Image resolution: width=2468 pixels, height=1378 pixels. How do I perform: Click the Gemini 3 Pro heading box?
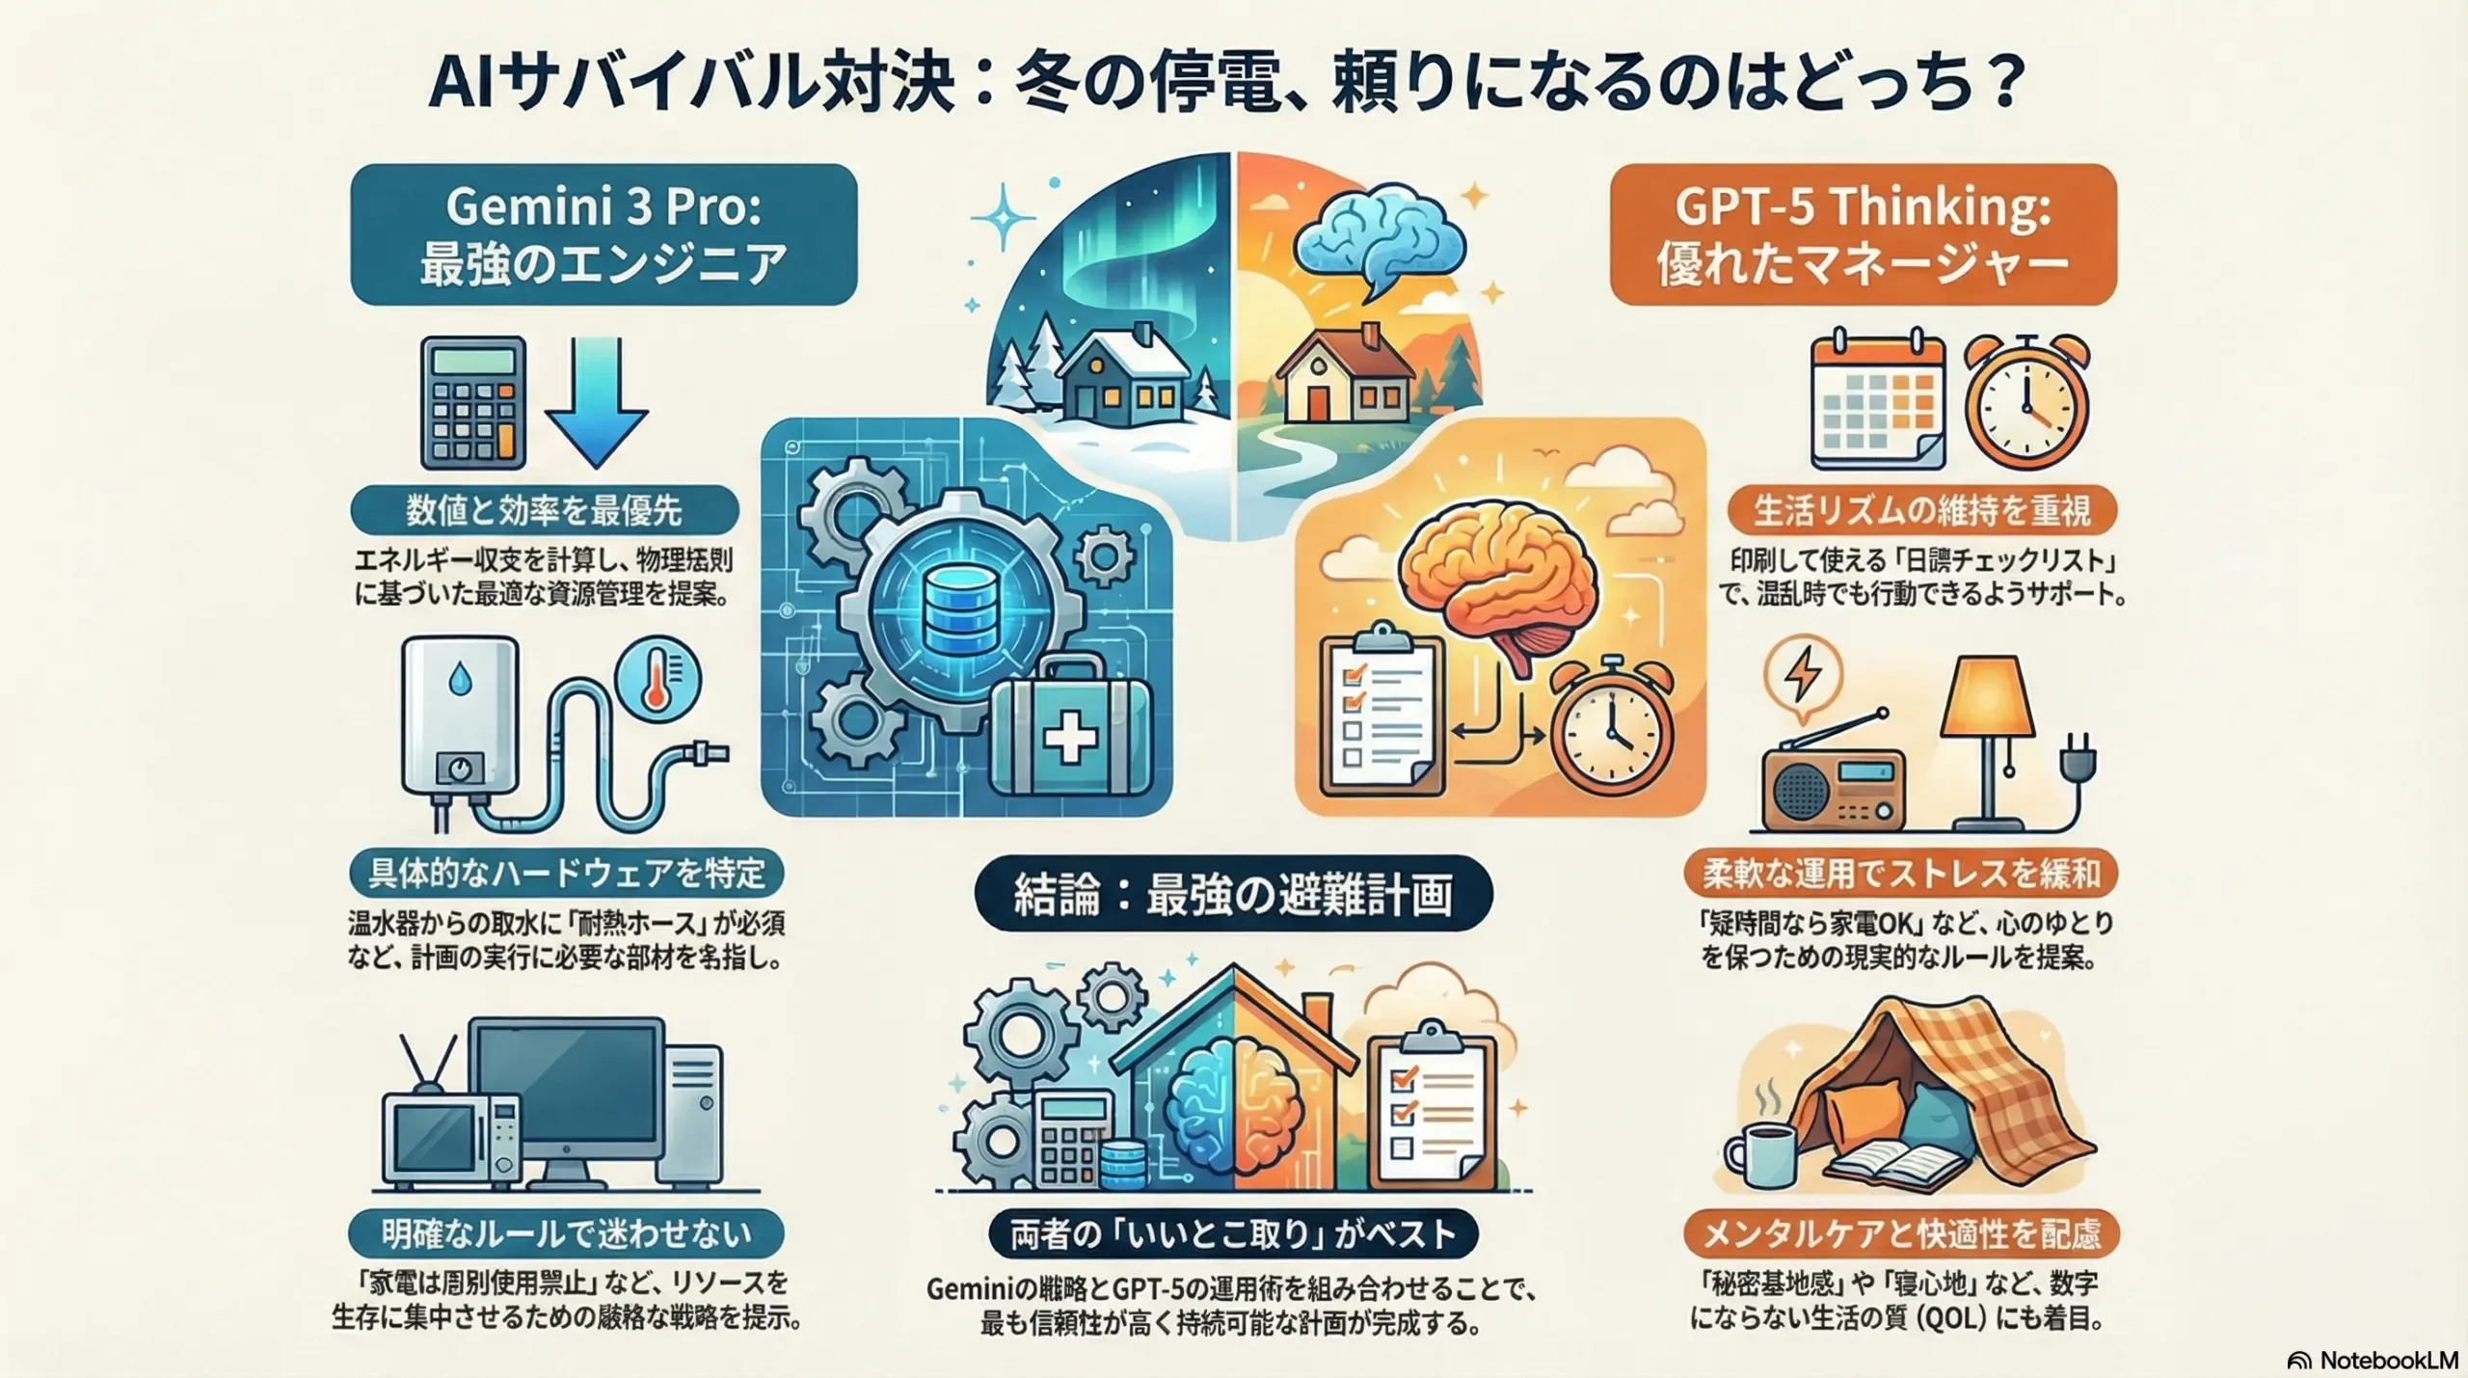(x=604, y=234)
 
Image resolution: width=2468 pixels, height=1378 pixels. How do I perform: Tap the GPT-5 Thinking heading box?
(x=1863, y=234)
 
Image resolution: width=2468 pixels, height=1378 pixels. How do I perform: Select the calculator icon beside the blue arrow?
(x=473, y=402)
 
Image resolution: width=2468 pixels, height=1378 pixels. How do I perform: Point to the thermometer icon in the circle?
(x=658, y=679)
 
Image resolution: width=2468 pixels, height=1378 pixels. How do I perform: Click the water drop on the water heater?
(x=458, y=682)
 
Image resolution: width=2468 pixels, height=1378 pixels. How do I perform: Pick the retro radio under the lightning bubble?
(x=1832, y=787)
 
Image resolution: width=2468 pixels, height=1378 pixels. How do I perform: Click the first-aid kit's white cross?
(x=1071, y=741)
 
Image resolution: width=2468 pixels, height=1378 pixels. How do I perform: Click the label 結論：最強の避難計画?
(x=1234, y=894)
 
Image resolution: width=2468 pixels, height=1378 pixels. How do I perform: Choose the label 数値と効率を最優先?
(x=545, y=510)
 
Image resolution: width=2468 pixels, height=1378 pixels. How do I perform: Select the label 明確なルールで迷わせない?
(x=566, y=1233)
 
